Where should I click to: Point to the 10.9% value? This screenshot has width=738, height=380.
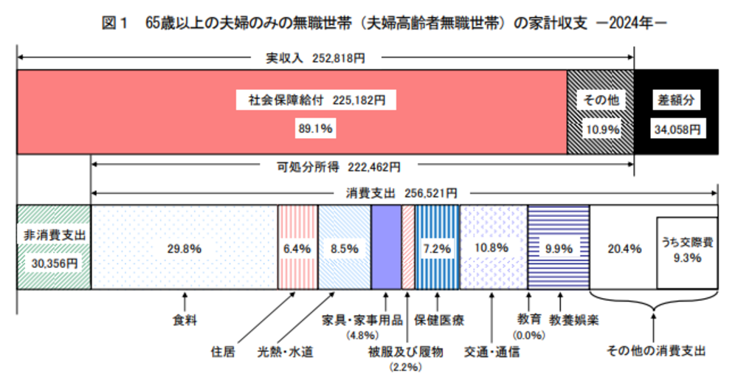[x=601, y=128]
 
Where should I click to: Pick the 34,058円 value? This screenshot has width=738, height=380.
[x=675, y=128]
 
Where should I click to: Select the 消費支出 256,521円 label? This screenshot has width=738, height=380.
[x=401, y=193]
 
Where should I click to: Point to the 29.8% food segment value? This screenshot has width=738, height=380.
[x=184, y=249]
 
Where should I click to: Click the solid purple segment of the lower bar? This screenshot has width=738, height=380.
[x=385, y=246]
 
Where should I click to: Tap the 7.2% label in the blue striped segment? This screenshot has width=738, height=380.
[x=437, y=249]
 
